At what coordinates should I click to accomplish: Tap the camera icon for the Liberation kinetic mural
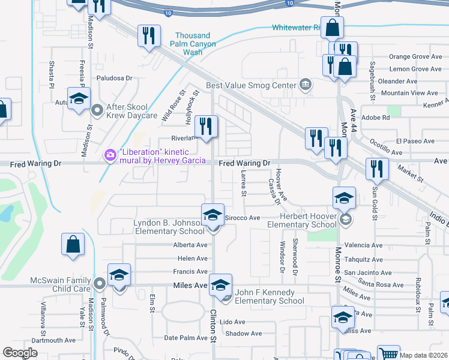[x=110, y=155]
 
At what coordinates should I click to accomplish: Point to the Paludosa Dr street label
[x=114, y=78]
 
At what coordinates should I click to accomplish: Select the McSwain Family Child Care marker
[x=100, y=281]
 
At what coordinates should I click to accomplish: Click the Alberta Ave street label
[x=190, y=245]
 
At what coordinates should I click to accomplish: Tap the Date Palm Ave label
[x=187, y=338]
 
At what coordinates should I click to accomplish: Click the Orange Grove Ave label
[x=415, y=56]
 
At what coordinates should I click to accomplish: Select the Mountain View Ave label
[x=410, y=93]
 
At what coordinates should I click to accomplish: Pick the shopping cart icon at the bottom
[x=388, y=354]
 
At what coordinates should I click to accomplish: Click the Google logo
[x=20, y=353]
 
